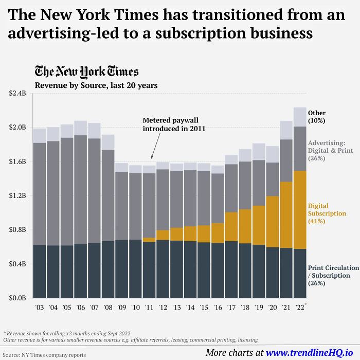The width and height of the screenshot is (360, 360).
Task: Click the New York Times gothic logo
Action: (86, 71)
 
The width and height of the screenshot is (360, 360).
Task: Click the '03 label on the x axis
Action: (40, 308)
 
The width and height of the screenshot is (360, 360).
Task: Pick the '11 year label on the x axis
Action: (149, 308)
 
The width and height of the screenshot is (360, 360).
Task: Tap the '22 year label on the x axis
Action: (299, 308)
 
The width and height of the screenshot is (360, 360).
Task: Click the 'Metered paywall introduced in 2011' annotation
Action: (174, 124)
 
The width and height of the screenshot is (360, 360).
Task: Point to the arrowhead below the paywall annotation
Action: (151, 157)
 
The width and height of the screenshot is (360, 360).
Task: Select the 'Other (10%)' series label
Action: (317, 117)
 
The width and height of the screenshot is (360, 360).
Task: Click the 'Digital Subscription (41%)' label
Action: (327, 213)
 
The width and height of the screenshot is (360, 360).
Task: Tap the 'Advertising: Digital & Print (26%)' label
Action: (329, 151)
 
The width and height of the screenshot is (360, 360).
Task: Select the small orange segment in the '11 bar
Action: (149, 240)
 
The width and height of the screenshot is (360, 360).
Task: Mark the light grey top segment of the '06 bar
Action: (80, 128)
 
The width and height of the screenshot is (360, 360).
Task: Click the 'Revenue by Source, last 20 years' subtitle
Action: (96, 85)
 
